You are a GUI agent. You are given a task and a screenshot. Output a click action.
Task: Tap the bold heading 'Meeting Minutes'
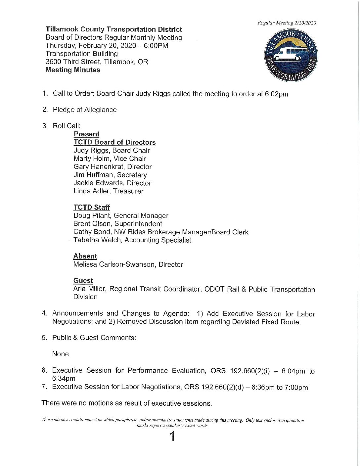(73, 70)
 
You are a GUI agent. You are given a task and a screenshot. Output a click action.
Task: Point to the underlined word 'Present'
(86, 134)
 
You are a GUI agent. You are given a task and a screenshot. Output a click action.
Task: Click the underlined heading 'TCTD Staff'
(92, 207)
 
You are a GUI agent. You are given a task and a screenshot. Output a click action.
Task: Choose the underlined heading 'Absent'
(85, 256)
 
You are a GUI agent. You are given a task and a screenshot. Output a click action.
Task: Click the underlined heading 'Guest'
(83, 281)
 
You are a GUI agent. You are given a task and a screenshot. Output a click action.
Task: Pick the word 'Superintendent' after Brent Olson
(138, 224)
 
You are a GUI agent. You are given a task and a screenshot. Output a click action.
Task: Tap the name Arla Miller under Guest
(89, 289)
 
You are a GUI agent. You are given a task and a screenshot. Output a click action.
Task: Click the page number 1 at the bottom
(172, 437)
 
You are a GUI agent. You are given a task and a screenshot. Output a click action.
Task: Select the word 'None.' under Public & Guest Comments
(61, 354)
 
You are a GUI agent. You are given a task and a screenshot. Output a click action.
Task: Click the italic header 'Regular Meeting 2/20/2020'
(287, 23)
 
